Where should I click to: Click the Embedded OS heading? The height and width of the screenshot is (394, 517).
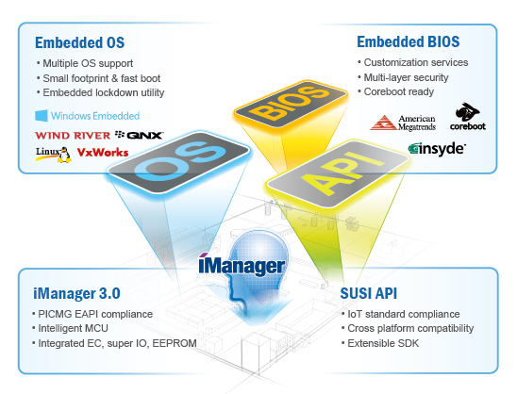[80, 42]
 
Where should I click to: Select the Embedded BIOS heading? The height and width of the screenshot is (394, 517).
[409, 41]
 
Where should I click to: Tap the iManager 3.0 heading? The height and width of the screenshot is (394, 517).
[76, 293]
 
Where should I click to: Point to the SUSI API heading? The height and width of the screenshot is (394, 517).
[368, 293]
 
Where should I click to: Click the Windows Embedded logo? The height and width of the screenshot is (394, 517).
[87, 116]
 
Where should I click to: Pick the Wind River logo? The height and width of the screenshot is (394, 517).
[73, 136]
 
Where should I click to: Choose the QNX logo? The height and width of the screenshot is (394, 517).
[139, 135]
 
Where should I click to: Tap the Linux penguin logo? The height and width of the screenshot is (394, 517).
[54, 155]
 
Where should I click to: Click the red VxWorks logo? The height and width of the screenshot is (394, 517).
[103, 152]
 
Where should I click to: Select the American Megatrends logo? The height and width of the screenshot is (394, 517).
[403, 123]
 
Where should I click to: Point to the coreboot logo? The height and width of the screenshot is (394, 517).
[468, 116]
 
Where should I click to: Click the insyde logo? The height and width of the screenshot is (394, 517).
[437, 149]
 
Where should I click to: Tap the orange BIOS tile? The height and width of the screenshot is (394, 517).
[291, 103]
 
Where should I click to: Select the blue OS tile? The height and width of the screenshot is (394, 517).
[178, 160]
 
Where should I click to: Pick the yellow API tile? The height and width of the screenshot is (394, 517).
[338, 173]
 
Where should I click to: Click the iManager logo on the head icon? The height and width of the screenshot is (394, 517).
[242, 266]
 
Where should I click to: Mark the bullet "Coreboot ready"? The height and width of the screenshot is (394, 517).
[395, 91]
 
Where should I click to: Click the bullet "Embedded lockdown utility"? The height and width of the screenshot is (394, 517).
[101, 92]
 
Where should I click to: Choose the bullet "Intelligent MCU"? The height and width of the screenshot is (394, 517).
[70, 328]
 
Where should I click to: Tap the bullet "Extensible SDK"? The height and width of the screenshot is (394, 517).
[380, 343]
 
